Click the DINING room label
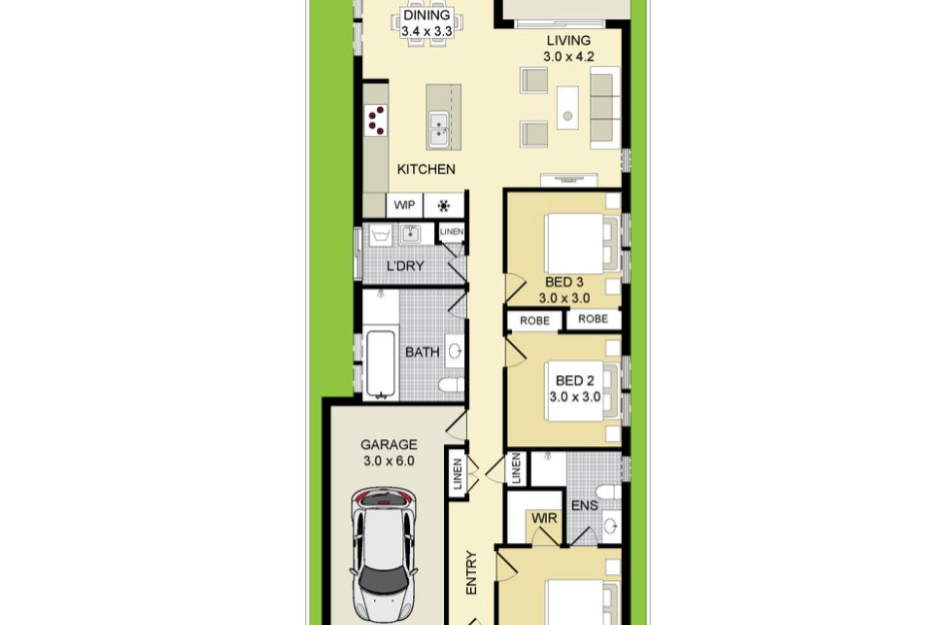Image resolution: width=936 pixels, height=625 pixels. (426, 16)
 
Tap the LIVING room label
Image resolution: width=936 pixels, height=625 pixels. (569, 41)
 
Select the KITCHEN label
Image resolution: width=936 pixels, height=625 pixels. (426, 170)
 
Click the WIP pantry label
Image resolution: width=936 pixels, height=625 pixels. (404, 205)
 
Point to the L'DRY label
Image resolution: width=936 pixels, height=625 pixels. (405, 266)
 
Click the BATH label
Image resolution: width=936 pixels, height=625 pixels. (422, 352)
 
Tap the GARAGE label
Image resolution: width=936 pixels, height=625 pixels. (388, 444)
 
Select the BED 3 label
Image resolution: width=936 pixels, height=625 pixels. (564, 282)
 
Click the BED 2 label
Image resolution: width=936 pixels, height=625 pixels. (575, 380)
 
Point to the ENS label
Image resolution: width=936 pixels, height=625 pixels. (585, 506)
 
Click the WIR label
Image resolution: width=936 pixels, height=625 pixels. (544, 518)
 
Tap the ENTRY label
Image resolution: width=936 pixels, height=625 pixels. (471, 572)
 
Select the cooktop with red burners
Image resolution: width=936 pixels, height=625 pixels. (376, 120)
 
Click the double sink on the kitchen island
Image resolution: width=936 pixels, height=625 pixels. (439, 130)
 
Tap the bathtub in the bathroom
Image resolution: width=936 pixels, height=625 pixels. (380, 363)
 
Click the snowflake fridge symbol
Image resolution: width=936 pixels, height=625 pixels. (443, 206)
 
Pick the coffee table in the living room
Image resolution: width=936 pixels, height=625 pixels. (568, 108)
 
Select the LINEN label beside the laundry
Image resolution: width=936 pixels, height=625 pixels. (451, 232)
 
